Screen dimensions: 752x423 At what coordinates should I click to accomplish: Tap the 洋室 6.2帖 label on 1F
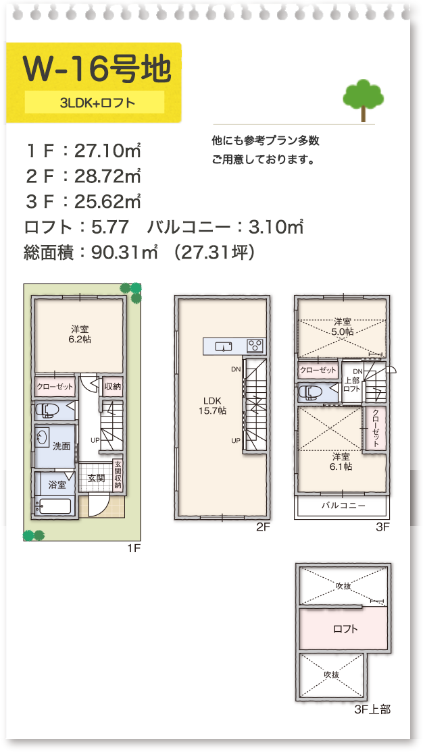pos(79,334)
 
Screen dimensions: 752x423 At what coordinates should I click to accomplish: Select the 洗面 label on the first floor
pos(61,446)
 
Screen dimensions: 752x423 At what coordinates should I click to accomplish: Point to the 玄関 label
pos(96,478)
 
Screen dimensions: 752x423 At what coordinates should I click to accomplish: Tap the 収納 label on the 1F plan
pos(112,387)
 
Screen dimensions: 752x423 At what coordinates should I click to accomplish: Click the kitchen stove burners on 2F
pos(255,346)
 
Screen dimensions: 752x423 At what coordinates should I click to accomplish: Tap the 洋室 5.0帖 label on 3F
pos(343,327)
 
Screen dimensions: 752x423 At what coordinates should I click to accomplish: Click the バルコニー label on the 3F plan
pos(343,505)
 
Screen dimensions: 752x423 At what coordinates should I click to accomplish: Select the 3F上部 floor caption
pos(372,709)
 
